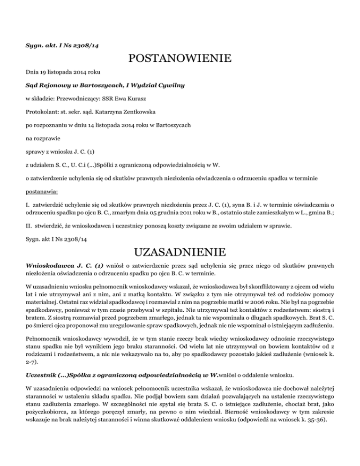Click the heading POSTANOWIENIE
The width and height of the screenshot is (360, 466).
coord(180,59)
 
